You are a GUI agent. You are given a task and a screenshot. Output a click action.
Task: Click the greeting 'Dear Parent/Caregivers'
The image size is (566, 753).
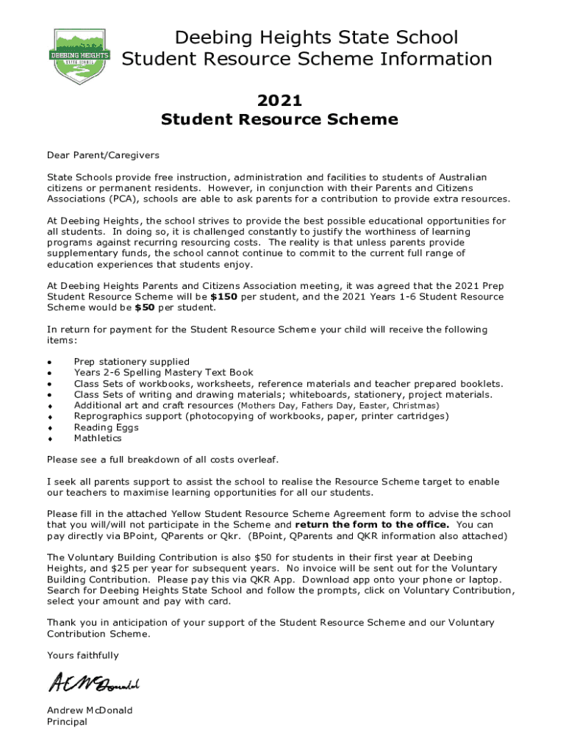[x=103, y=155]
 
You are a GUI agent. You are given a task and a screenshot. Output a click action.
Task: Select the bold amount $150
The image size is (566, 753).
[x=223, y=297]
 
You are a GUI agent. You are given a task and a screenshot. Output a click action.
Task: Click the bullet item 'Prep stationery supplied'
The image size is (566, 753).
[x=132, y=362]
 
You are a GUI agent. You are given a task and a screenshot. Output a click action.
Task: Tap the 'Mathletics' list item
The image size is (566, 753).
[x=98, y=438]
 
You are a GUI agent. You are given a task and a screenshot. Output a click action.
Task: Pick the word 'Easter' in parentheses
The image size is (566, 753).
[x=373, y=405]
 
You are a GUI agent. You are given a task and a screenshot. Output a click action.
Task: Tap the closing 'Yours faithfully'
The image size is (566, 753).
[x=82, y=655]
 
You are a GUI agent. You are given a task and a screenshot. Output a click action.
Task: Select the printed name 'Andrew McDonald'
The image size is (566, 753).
[x=90, y=710]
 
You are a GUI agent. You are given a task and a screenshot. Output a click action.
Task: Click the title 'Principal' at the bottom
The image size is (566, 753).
[x=67, y=721]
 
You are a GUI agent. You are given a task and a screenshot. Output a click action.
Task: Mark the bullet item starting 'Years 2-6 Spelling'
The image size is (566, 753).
[x=163, y=373]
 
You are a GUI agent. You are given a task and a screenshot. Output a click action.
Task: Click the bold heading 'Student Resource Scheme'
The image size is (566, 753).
[x=279, y=120]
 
